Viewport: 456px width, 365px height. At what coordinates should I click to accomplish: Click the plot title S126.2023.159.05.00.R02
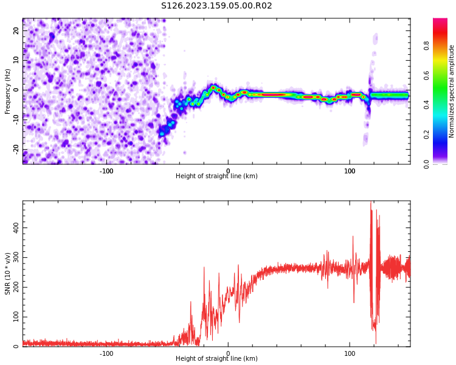click(216, 6)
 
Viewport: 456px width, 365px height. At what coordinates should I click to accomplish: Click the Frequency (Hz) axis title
click(8, 91)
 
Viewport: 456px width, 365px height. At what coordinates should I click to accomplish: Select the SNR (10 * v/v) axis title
click(8, 274)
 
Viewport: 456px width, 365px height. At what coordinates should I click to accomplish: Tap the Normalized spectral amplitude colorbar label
click(452, 91)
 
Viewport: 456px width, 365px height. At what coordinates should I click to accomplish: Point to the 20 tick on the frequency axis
click(17, 30)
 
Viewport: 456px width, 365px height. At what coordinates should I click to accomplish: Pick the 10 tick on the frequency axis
click(17, 60)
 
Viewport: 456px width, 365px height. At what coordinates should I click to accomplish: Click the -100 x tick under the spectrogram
click(106, 171)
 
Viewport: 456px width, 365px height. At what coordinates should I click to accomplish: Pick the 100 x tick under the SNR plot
click(350, 353)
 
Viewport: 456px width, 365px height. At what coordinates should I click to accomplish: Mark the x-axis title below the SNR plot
click(216, 359)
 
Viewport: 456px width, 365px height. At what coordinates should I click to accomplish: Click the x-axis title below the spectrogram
click(216, 176)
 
